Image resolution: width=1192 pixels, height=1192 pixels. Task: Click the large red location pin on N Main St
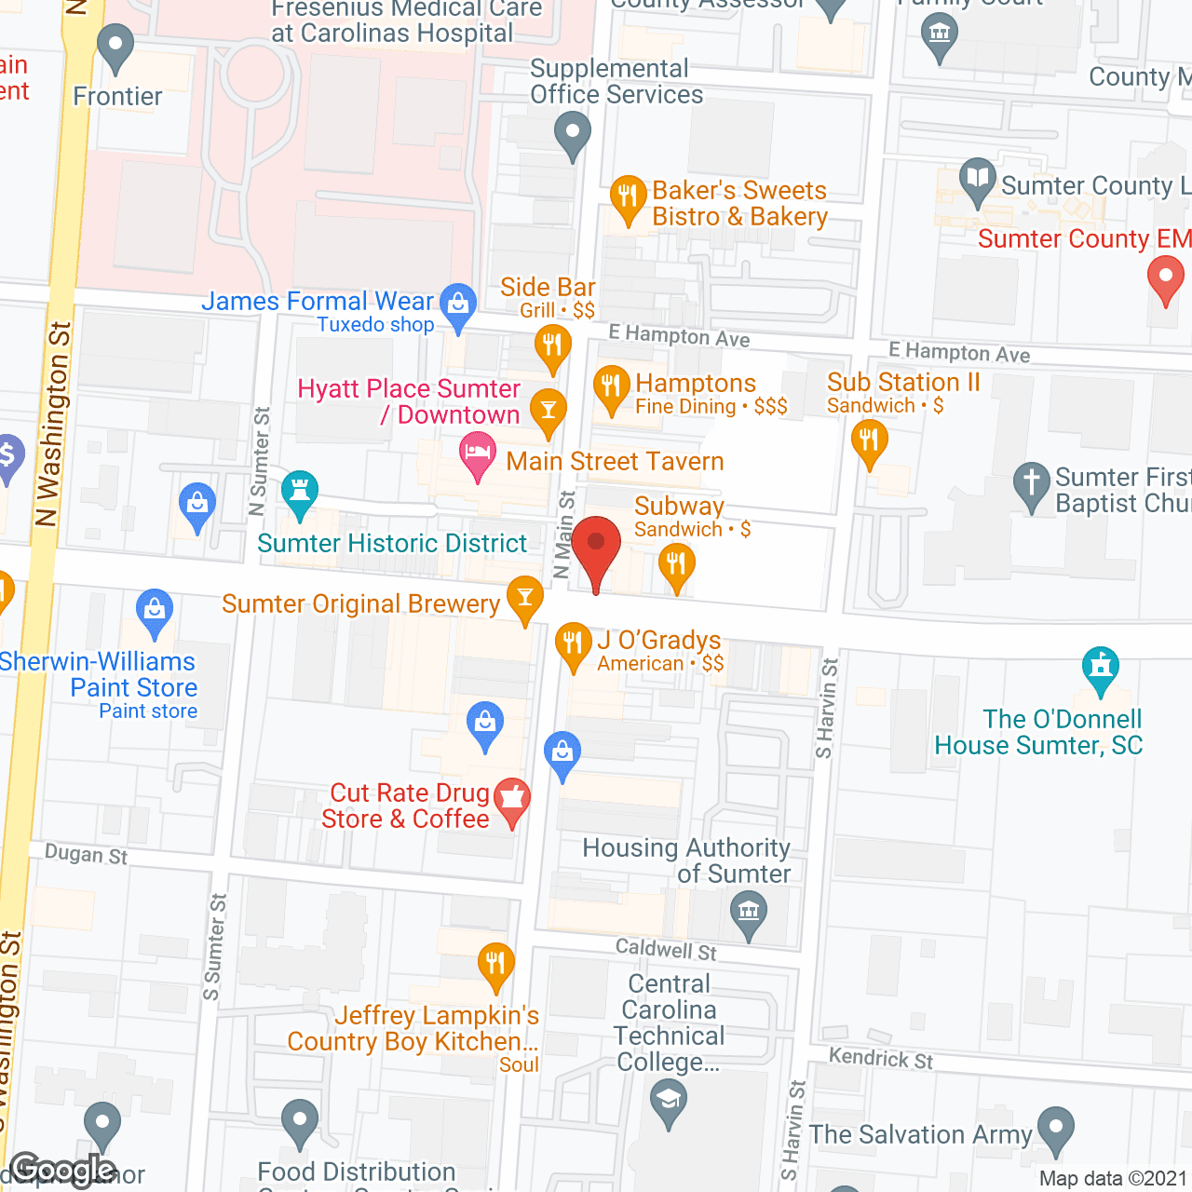(x=596, y=548)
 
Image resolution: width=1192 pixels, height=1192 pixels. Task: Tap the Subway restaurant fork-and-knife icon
(x=676, y=565)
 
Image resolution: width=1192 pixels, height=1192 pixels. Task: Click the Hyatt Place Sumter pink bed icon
(x=478, y=456)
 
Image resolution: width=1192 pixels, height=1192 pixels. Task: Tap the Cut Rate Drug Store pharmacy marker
(x=511, y=799)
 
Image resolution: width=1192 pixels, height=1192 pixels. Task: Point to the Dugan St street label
(x=86, y=854)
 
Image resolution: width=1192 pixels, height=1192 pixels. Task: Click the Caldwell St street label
(x=666, y=950)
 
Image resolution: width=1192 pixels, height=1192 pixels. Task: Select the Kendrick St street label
(x=881, y=1059)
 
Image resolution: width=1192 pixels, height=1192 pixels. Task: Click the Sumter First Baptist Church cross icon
(x=1031, y=483)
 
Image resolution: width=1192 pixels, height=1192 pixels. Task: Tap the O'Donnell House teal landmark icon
(x=1101, y=668)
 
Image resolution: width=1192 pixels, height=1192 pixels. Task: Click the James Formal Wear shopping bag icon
(x=458, y=304)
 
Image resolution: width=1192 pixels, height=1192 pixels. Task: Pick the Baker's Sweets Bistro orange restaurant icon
(x=628, y=197)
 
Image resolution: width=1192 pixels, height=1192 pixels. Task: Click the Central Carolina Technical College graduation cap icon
(x=669, y=1100)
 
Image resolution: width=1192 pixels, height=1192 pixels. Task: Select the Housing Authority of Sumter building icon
(x=749, y=912)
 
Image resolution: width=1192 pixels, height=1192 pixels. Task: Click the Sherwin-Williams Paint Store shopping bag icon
(x=155, y=610)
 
